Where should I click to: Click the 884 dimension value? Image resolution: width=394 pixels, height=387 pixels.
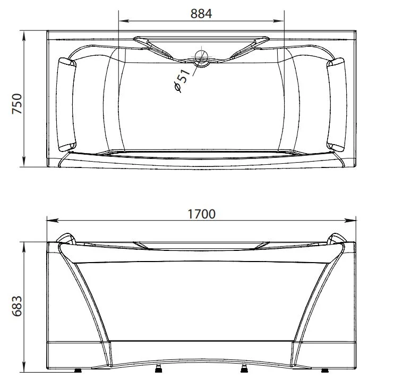tap(201, 14)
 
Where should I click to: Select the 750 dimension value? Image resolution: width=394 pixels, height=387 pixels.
tap(17, 104)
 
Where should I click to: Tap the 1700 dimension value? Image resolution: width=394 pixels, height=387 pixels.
tap(202, 214)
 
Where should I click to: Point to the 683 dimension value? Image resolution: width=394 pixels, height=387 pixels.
tap(17, 306)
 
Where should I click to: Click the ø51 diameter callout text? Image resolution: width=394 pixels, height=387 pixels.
tap(183, 80)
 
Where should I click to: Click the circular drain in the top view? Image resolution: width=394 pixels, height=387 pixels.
tap(202, 57)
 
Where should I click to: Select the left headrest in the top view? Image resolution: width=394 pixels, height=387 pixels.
tap(66, 105)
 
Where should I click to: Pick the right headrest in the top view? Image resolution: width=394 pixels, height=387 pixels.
tap(337, 105)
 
